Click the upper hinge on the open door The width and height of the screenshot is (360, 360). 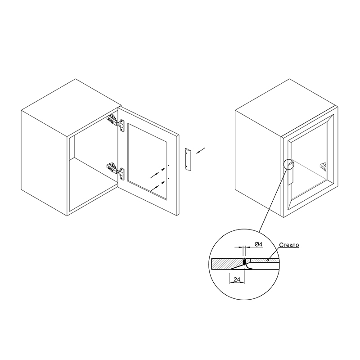pyautogui.click(x=116, y=121)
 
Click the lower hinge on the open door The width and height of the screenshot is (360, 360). pyautogui.click(x=116, y=171)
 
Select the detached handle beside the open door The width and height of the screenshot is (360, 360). pyautogui.click(x=188, y=160)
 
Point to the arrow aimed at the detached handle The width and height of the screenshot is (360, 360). pyautogui.click(x=201, y=150)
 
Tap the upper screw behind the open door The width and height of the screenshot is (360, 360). pyautogui.click(x=163, y=170)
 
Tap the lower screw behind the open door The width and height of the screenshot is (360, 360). pyautogui.click(x=163, y=183)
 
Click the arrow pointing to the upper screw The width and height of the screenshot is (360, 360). pyautogui.click(x=155, y=175)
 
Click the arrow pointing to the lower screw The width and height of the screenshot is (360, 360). pyautogui.click(x=155, y=188)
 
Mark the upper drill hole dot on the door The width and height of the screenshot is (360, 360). pyautogui.click(x=169, y=165)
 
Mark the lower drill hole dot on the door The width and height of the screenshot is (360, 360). pyautogui.click(x=169, y=178)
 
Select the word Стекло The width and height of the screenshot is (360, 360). pyautogui.click(x=289, y=245)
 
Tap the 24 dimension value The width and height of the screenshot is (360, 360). pyautogui.click(x=237, y=279)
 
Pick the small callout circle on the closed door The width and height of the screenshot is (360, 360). pyautogui.click(x=289, y=165)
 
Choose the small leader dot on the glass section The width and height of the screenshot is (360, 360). pyautogui.click(x=268, y=261)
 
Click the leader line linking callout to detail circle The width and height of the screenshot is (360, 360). pyautogui.click(x=273, y=200)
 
